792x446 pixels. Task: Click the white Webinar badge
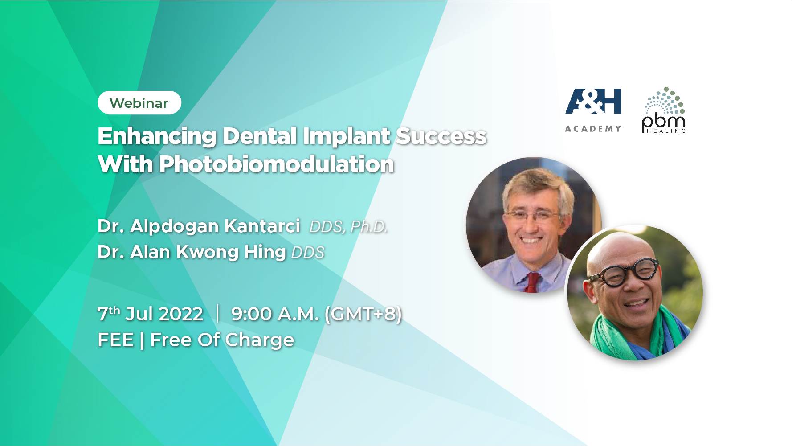coord(139,103)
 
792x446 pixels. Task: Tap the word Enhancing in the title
coord(157,137)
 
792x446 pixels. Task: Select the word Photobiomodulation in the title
coord(277,164)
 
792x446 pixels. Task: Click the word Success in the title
coord(441,136)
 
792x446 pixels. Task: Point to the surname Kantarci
coord(262,226)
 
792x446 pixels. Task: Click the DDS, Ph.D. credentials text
coord(348,227)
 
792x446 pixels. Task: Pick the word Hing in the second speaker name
coord(265,253)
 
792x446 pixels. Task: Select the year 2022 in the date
coord(181,314)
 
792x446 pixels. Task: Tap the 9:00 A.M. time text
coord(275,314)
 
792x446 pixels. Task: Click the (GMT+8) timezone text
coord(363,314)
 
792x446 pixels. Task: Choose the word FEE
coord(116,340)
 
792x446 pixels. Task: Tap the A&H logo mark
coord(593,101)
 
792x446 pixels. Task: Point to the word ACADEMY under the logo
coord(593,129)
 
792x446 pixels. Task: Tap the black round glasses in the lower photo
coord(624,273)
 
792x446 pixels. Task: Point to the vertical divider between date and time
coord(218,313)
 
